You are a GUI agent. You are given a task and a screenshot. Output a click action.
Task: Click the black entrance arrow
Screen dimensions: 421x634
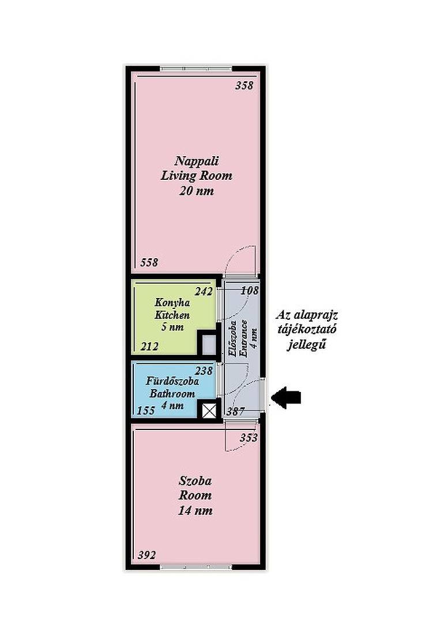click(286, 398)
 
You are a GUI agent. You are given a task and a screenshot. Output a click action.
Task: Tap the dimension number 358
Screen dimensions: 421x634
click(245, 86)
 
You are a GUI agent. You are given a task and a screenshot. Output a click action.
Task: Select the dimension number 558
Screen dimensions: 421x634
click(149, 262)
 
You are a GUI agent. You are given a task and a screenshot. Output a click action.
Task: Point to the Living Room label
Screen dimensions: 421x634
click(197, 175)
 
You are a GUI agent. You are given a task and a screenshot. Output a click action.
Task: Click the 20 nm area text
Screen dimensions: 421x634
click(197, 190)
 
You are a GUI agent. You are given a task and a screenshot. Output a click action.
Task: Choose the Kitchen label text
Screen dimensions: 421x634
click(172, 315)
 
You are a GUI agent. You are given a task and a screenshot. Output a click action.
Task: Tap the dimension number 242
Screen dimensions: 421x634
click(204, 292)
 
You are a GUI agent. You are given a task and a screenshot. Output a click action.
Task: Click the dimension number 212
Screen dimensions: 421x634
click(149, 346)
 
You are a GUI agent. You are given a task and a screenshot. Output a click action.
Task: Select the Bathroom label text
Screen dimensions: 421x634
click(172, 393)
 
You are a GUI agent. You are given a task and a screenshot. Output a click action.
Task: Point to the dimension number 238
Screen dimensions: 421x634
click(204, 371)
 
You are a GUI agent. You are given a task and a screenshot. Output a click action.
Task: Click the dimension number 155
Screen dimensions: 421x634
click(146, 410)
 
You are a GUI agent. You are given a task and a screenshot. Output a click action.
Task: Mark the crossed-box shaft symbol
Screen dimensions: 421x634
click(209, 411)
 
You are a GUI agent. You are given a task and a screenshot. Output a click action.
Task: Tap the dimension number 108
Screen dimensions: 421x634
click(250, 290)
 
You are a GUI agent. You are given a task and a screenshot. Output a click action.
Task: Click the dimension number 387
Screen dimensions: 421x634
click(235, 411)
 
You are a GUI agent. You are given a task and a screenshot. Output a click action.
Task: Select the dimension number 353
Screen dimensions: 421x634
click(249, 438)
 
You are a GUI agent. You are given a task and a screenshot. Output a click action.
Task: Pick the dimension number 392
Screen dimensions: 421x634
click(146, 555)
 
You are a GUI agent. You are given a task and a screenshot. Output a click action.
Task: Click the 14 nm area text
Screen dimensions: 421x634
click(196, 510)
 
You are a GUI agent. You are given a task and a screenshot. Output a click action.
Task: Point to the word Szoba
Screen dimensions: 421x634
click(196, 481)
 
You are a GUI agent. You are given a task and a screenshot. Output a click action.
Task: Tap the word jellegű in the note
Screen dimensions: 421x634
click(307, 345)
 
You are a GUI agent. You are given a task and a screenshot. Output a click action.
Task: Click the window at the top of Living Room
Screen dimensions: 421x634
click(196, 69)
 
